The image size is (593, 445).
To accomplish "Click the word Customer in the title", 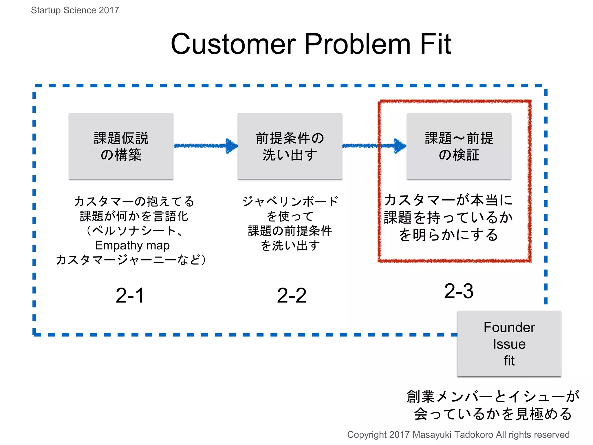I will coord(233,44).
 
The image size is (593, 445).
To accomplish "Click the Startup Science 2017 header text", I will coord(75,10).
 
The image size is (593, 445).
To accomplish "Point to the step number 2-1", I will coord(130,296).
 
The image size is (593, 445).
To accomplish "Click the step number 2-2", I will coord(292,296).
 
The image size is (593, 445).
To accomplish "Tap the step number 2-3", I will coord(459,291).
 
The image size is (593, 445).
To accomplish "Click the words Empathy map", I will coord(132,245).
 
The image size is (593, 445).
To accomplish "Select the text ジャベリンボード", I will coord(290,201).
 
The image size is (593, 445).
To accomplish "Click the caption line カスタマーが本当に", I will coord(448,200).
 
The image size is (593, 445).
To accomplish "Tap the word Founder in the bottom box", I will coord(509,327).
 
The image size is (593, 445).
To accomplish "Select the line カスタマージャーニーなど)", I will coord(131,260).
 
